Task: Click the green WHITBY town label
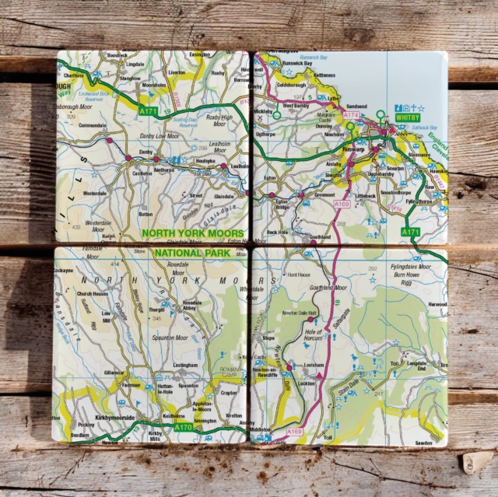(x=407, y=117)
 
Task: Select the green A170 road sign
(x=184, y=427)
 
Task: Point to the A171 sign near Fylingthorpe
(x=412, y=232)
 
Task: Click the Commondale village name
(x=93, y=125)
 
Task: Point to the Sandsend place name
(x=356, y=105)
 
